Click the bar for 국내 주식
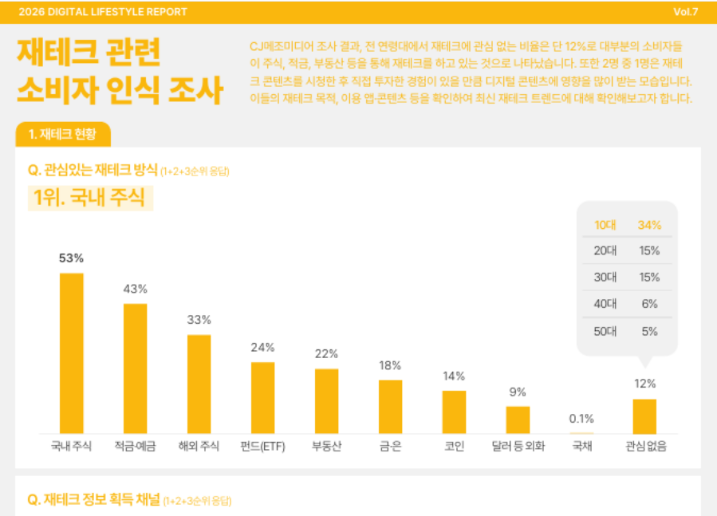(x=71, y=353)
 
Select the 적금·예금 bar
(x=136, y=368)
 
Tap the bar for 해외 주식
(x=199, y=384)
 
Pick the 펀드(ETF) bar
(x=263, y=398)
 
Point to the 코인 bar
(x=454, y=412)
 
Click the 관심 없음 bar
(x=644, y=416)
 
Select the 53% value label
(x=71, y=258)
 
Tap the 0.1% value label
(x=581, y=419)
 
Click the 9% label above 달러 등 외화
(x=518, y=392)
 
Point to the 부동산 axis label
(x=326, y=446)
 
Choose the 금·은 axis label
(x=390, y=446)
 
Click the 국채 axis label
(x=582, y=446)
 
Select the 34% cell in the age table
(x=649, y=225)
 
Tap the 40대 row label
(x=605, y=304)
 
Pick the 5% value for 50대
(x=649, y=331)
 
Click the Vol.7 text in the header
(x=685, y=12)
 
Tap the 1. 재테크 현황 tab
(x=63, y=134)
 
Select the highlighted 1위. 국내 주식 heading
(x=90, y=198)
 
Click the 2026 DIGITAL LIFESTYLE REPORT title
(x=103, y=12)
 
